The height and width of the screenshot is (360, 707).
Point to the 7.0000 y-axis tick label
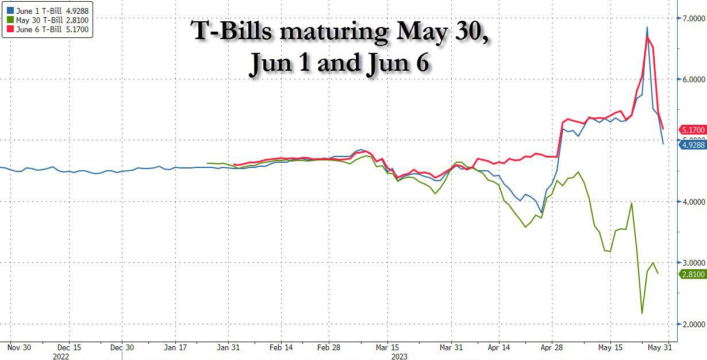693,18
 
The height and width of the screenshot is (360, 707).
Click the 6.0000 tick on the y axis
693,79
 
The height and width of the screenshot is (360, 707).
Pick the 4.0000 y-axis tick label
693,202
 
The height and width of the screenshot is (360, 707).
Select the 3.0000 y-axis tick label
693,263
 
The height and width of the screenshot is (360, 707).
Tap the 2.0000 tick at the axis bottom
693,324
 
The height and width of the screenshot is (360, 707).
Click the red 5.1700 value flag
693,130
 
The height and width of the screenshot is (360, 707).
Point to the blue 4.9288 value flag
693,145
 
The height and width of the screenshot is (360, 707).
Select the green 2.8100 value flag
693,275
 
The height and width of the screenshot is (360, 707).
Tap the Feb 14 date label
282,347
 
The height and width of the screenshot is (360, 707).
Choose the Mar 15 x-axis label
388,347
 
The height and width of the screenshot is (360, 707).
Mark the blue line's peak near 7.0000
647,27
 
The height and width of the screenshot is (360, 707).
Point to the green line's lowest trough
641,313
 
